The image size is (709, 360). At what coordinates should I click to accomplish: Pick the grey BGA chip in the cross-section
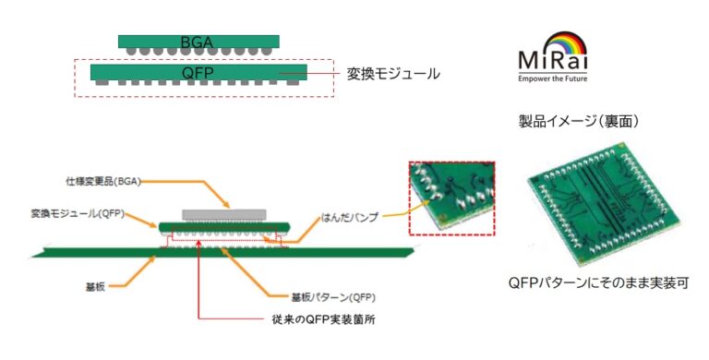click(x=224, y=214)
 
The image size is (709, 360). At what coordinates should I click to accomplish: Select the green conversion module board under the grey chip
click(x=224, y=226)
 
